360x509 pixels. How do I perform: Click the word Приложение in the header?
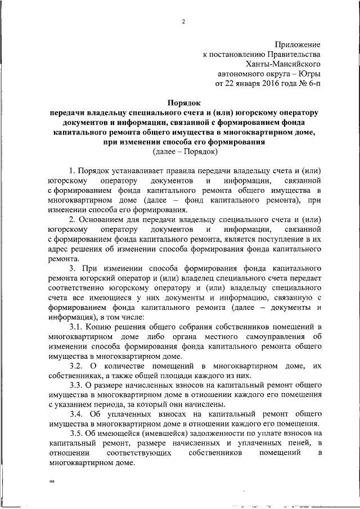[x=298, y=44]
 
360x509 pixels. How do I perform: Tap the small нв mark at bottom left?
[x=52, y=482]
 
